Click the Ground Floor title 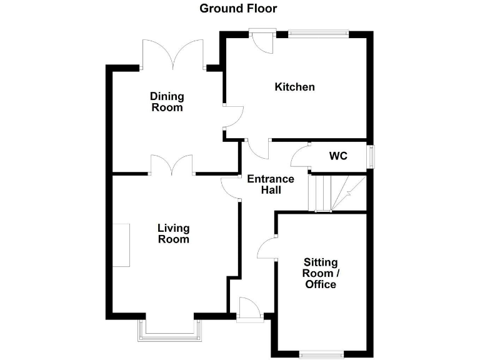coord(238,9)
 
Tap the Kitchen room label coord(294,87)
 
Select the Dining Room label coord(167,102)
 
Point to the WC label coord(338,156)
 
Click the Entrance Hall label coord(271,184)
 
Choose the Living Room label coord(173,234)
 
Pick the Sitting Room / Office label coord(320,273)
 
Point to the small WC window coord(372,156)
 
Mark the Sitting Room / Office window coord(321,355)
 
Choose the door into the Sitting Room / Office coord(269,248)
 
